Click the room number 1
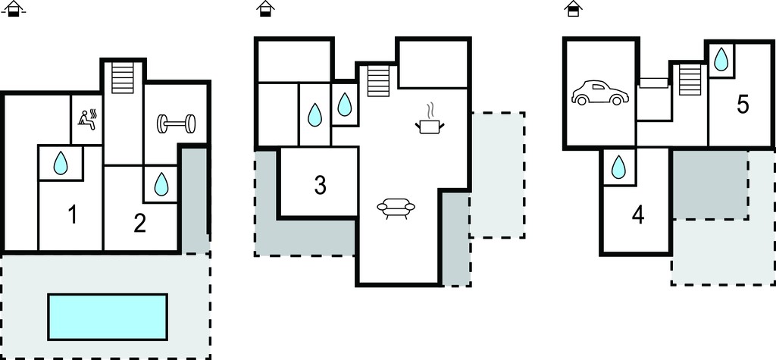72,215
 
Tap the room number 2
140,224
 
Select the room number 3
321,185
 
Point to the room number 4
638,215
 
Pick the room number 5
743,105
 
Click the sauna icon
88,120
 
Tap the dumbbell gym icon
176,124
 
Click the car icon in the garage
600,92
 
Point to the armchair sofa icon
396,208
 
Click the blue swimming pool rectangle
108,317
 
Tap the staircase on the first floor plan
123,78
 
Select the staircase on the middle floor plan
378,81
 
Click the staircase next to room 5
690,80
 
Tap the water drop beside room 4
618,167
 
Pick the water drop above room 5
721,59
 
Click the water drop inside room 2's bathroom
161,183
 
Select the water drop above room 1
61,163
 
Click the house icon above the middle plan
266,8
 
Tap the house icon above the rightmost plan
573,8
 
